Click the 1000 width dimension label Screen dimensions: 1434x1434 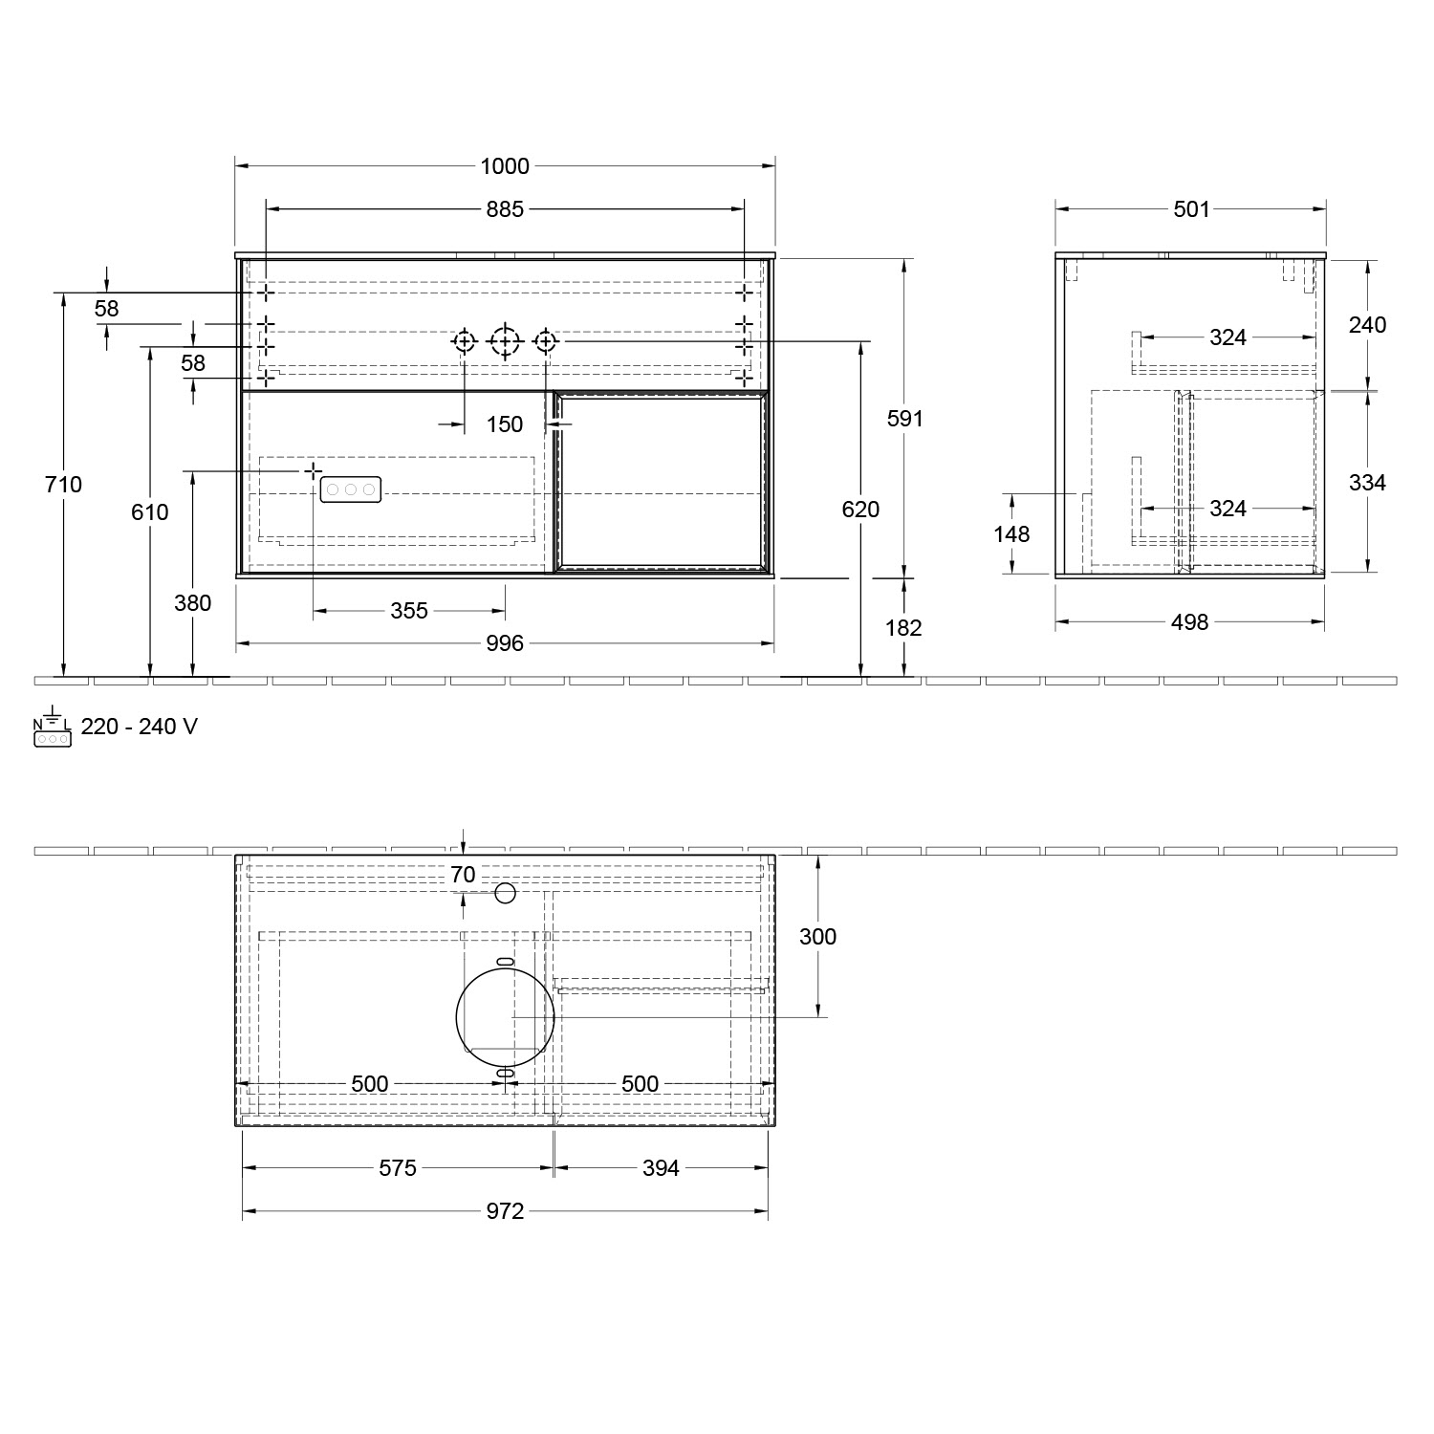[505, 166]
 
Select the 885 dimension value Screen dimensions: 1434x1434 [505, 208]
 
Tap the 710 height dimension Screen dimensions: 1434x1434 [63, 485]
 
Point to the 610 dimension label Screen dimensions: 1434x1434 [150, 512]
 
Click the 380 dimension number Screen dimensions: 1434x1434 [193, 603]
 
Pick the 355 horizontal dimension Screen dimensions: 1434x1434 [409, 611]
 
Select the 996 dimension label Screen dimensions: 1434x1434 [505, 644]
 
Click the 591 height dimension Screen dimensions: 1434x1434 [904, 419]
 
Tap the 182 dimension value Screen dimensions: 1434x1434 [903, 628]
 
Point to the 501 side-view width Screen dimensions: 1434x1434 [1191, 209]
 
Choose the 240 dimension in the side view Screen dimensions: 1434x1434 [1367, 325]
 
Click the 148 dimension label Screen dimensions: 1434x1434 [1011, 534]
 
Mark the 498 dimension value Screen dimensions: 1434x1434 [1190, 622]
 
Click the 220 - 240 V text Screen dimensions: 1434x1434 [140, 727]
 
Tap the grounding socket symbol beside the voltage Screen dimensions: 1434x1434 [52, 730]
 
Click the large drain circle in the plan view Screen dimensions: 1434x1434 [506, 1016]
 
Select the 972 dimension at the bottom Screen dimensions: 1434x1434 [505, 1211]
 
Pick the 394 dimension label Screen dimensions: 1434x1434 [661, 1168]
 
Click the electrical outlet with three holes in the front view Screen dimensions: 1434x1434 [350, 489]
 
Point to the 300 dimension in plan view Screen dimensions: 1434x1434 [817, 937]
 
